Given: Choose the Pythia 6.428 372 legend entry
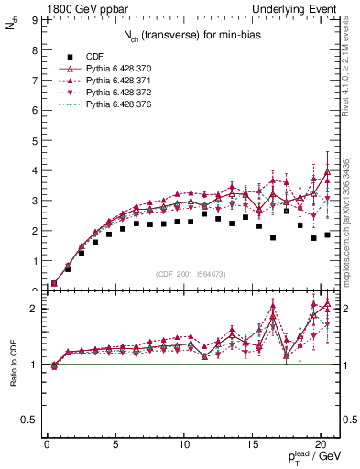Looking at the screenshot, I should coord(120,93).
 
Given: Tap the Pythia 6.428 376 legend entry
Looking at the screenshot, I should coord(120,106).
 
